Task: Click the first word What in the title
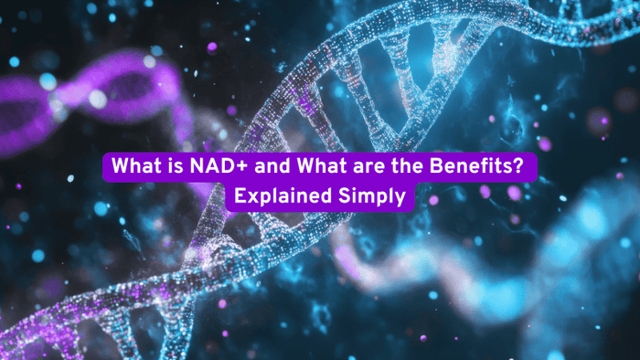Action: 134,168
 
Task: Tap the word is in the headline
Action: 170,168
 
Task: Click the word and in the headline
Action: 261,168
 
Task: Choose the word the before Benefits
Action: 393,168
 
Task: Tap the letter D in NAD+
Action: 217,168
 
